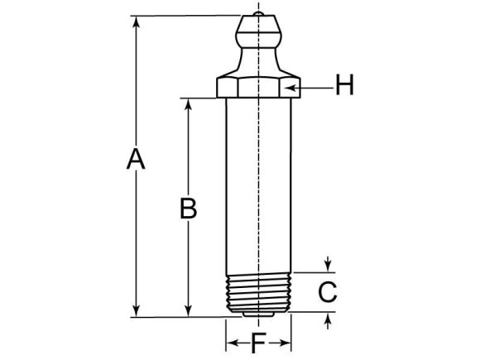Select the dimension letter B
point(189,208)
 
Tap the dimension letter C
point(328,291)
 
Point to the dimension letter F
point(258,343)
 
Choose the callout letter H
point(344,84)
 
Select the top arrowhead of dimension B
point(190,104)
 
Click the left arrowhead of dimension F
point(231,342)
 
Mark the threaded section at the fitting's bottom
point(259,290)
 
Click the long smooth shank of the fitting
point(259,182)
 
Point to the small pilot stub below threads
point(259,314)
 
